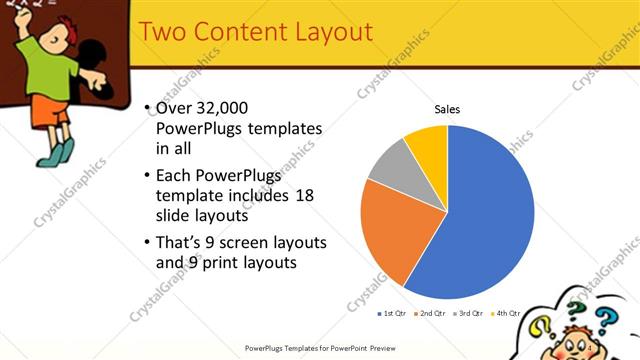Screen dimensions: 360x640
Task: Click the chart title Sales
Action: tap(446, 109)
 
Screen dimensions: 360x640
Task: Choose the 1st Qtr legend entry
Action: tap(391, 313)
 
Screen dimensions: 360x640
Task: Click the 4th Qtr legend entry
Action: tap(505, 313)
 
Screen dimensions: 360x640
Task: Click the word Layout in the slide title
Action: tap(323, 32)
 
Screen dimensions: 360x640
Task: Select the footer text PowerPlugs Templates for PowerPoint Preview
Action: tap(320, 348)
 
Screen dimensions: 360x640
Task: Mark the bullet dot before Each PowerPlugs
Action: tap(147, 175)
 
